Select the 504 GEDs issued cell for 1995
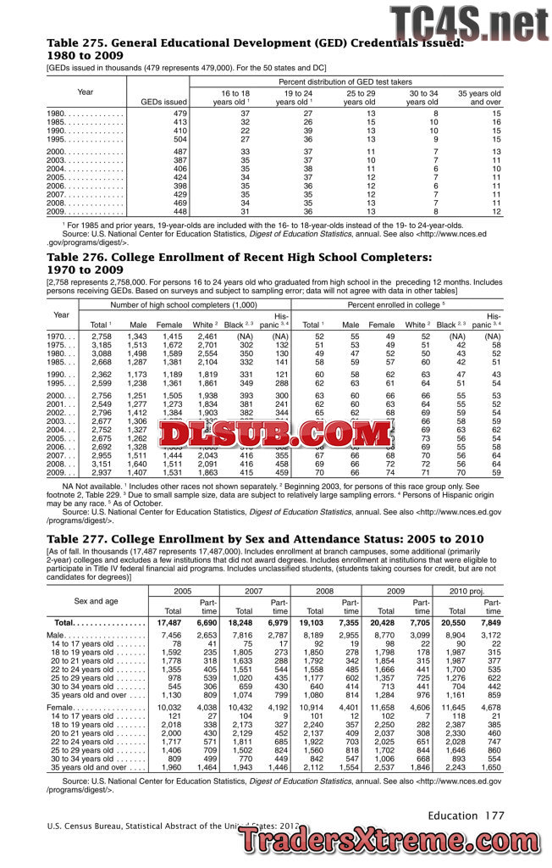[178, 139]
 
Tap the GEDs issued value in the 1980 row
[178, 113]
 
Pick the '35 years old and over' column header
[479, 97]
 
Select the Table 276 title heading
[239, 263]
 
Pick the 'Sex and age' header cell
[96, 600]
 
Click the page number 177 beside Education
[494, 815]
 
